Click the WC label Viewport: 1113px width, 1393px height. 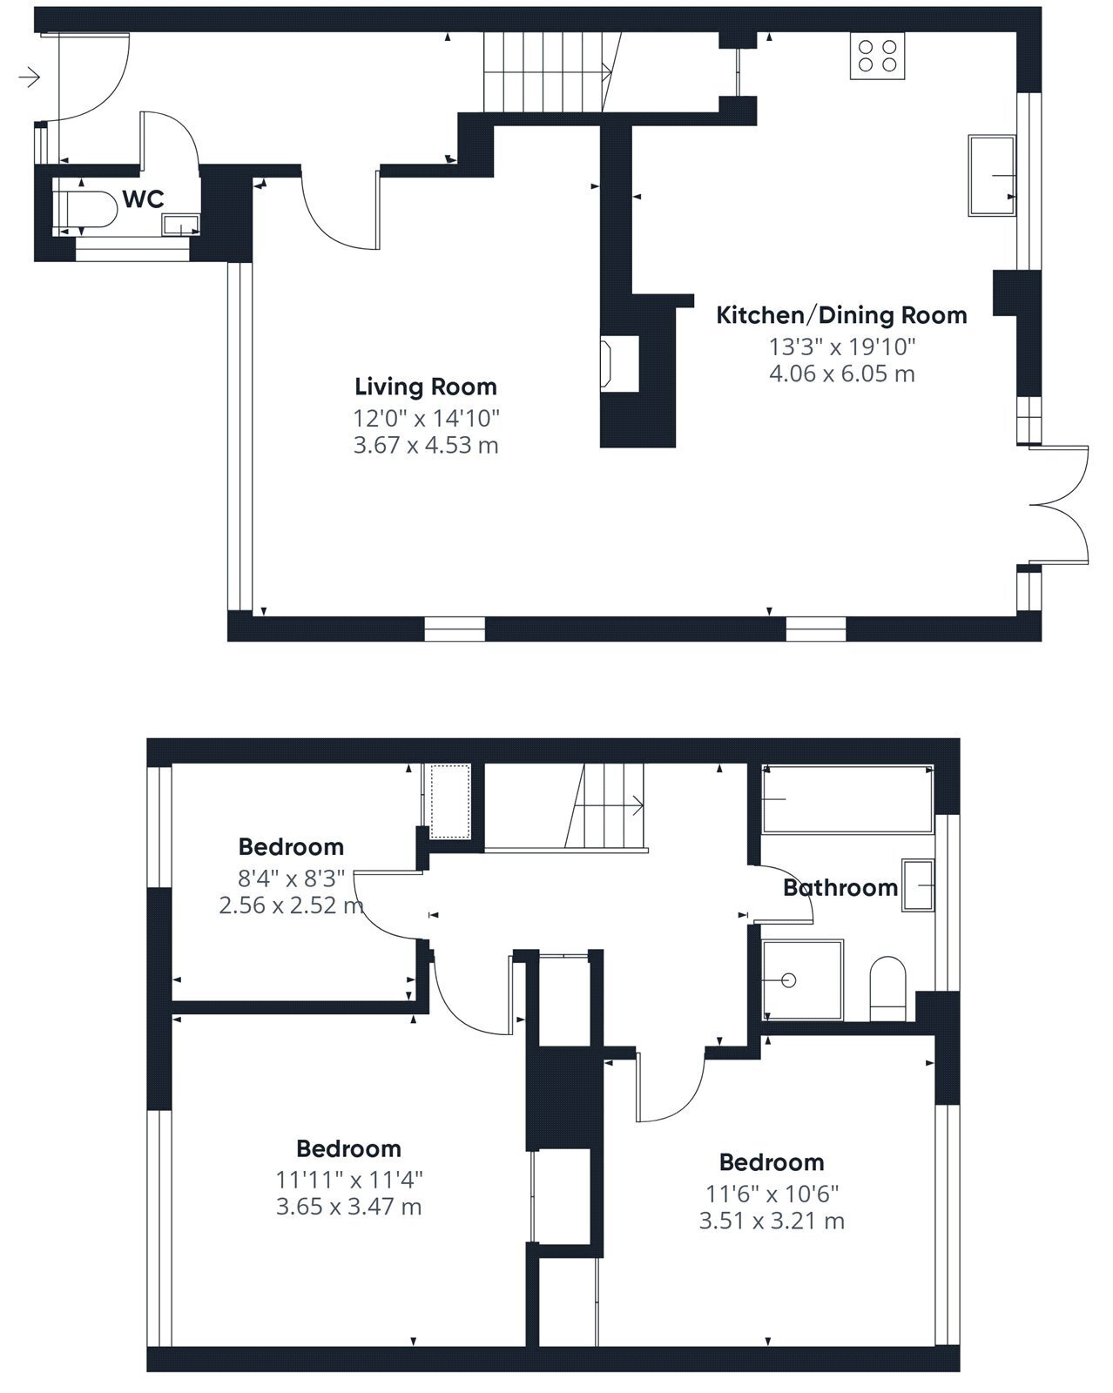click(x=143, y=199)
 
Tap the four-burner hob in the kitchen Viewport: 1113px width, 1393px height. click(x=877, y=56)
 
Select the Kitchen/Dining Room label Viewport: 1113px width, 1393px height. click(x=841, y=315)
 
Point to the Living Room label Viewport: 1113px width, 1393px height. click(x=426, y=387)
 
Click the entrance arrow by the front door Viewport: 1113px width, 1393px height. click(x=30, y=77)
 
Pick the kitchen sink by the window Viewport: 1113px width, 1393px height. click(x=992, y=175)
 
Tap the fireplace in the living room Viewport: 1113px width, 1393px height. click(x=619, y=364)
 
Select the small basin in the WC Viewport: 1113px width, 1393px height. click(x=181, y=225)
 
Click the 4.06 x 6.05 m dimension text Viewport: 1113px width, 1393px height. click(x=841, y=374)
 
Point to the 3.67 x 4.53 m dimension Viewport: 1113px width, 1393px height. click(x=426, y=446)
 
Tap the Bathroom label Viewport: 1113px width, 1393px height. click(x=840, y=887)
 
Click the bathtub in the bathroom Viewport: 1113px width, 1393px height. click(x=847, y=798)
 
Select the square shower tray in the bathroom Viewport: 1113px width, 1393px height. click(x=803, y=980)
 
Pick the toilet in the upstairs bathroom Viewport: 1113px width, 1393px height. click(x=887, y=988)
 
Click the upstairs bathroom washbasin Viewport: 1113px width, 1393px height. click(x=918, y=885)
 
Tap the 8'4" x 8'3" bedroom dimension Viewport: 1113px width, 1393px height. click(x=292, y=878)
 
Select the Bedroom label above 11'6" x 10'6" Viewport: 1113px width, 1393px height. click(x=772, y=1162)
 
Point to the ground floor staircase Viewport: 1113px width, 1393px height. click(x=552, y=72)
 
